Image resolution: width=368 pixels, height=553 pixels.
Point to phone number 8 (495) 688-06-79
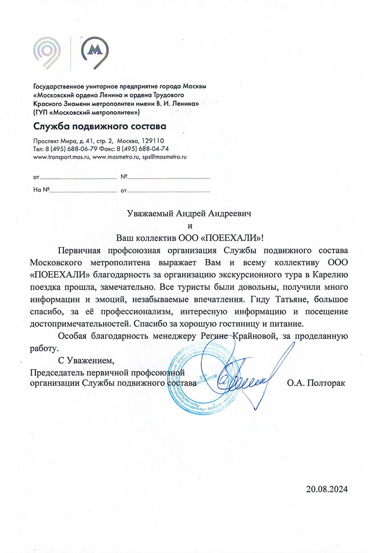[69, 148]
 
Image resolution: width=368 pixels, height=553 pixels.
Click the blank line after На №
[83, 190]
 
